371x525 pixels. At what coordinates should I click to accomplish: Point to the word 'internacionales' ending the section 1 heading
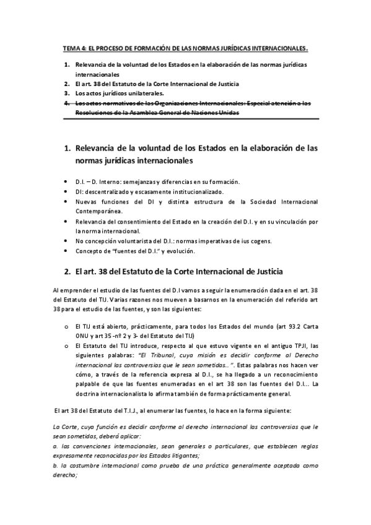162,162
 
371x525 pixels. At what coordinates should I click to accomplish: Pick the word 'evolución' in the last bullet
181,251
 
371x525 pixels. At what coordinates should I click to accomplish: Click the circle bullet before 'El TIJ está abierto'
66,324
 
